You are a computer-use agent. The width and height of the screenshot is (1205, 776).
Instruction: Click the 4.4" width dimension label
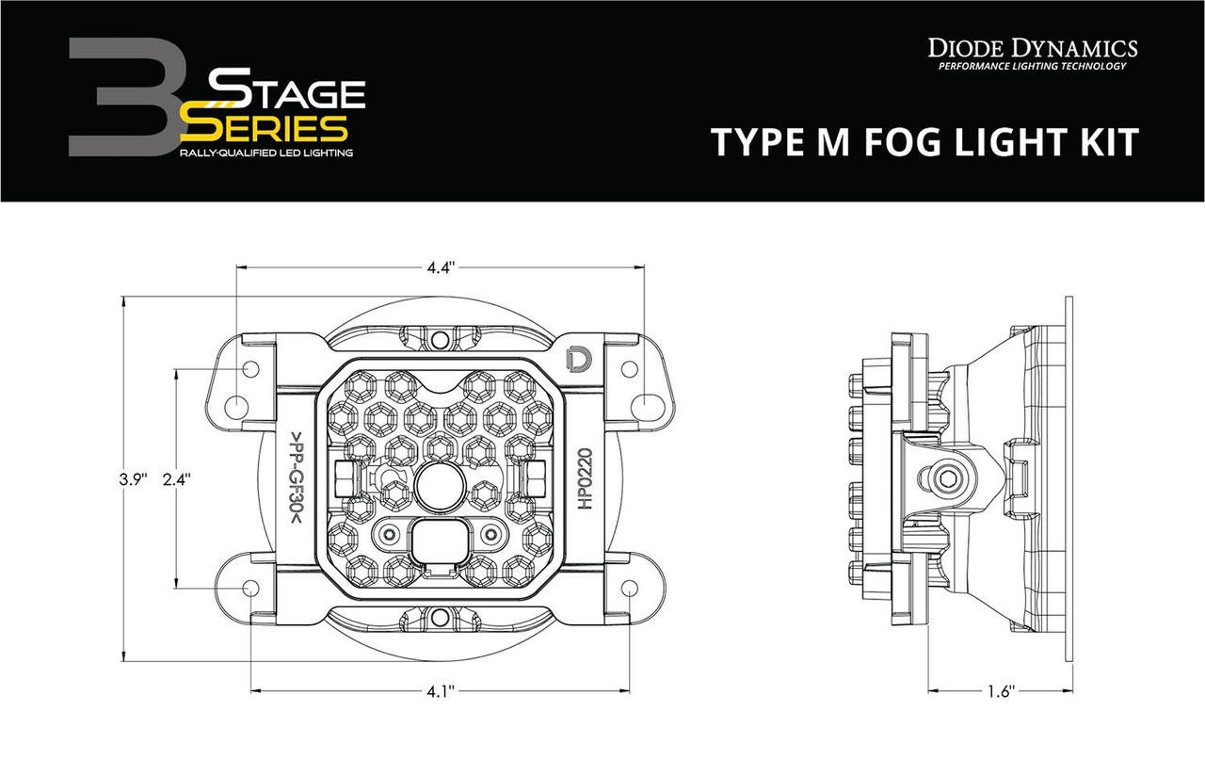[x=441, y=267]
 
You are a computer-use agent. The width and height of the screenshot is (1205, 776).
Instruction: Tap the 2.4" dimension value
[x=177, y=478]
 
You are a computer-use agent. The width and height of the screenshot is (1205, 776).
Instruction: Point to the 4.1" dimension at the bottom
[x=441, y=692]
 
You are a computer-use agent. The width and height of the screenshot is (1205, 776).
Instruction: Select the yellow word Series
[x=265, y=126]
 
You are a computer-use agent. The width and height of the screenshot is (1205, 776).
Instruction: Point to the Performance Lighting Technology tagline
[x=1033, y=67]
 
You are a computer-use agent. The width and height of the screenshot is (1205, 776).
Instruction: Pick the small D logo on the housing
[x=576, y=359]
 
